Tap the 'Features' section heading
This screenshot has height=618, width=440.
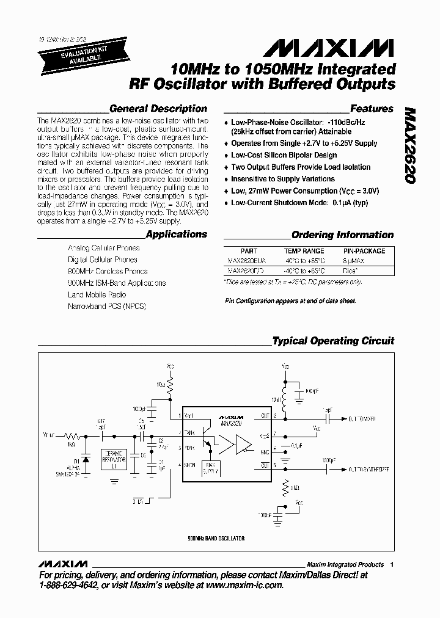click(x=372, y=109)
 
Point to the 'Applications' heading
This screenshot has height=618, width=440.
click(x=177, y=234)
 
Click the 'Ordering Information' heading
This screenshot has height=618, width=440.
click(x=342, y=234)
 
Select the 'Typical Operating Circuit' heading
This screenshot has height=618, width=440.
click(x=333, y=341)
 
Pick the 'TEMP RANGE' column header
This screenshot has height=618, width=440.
click(x=304, y=251)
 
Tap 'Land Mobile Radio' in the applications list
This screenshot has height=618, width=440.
click(x=97, y=294)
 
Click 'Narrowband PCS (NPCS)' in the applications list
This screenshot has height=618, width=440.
click(x=107, y=306)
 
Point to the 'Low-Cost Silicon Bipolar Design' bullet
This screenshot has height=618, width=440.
click(x=284, y=155)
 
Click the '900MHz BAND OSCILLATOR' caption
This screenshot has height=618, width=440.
click(x=217, y=538)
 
